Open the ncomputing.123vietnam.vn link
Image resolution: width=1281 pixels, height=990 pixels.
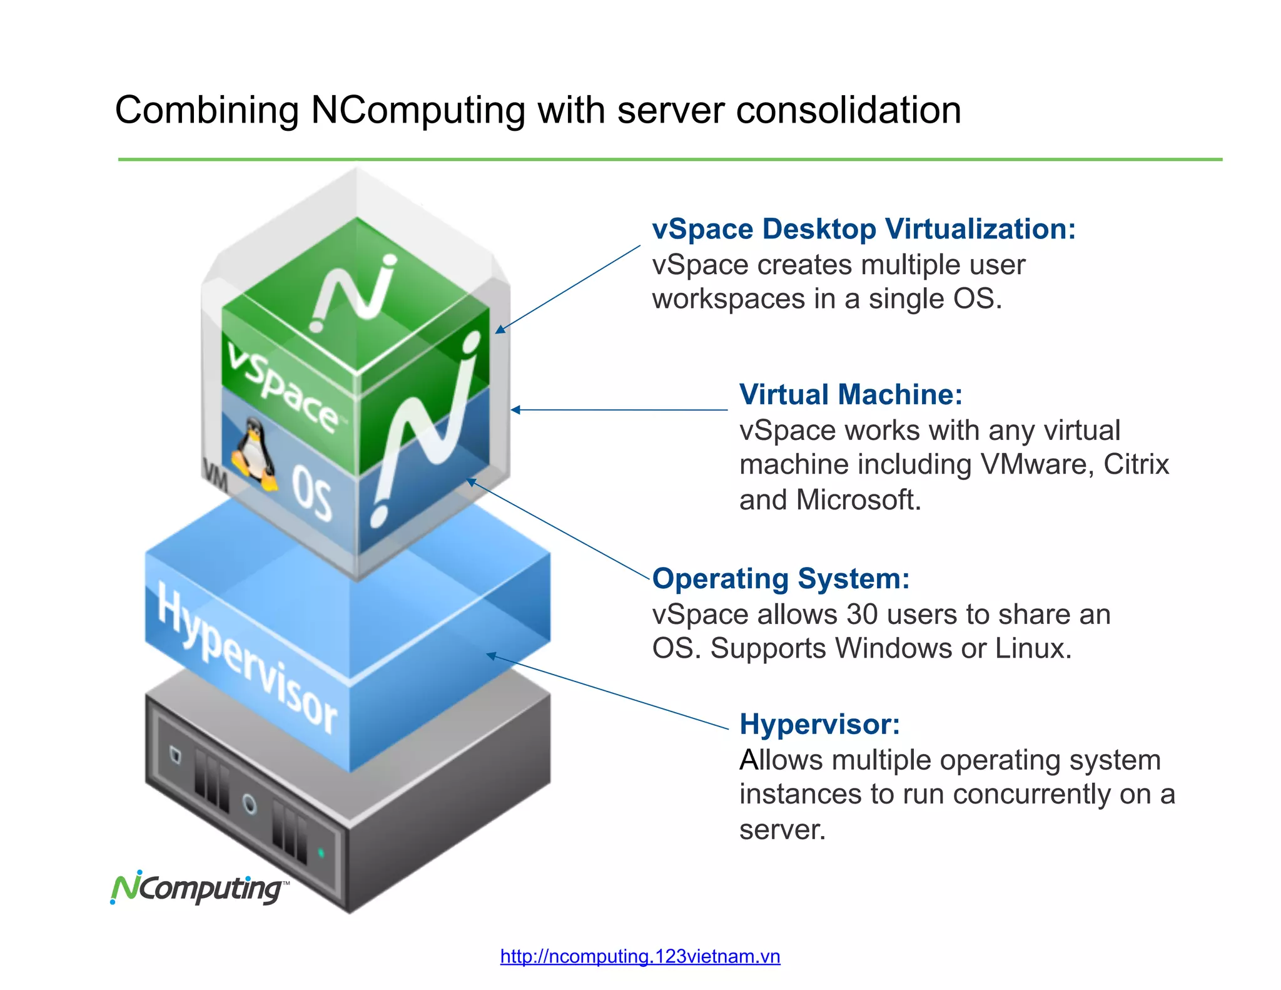(x=640, y=956)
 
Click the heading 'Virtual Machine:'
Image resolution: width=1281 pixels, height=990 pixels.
(x=850, y=395)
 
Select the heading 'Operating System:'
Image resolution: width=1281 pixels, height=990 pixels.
(x=781, y=579)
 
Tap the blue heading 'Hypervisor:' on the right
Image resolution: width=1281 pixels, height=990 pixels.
(x=819, y=725)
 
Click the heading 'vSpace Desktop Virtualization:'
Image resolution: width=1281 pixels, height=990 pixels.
(x=863, y=229)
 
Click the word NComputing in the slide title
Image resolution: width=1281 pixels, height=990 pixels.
(x=418, y=111)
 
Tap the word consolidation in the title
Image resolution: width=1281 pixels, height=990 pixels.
(x=848, y=111)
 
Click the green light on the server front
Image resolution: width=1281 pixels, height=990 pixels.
(x=322, y=852)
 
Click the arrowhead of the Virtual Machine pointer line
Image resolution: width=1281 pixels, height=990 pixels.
(x=515, y=410)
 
